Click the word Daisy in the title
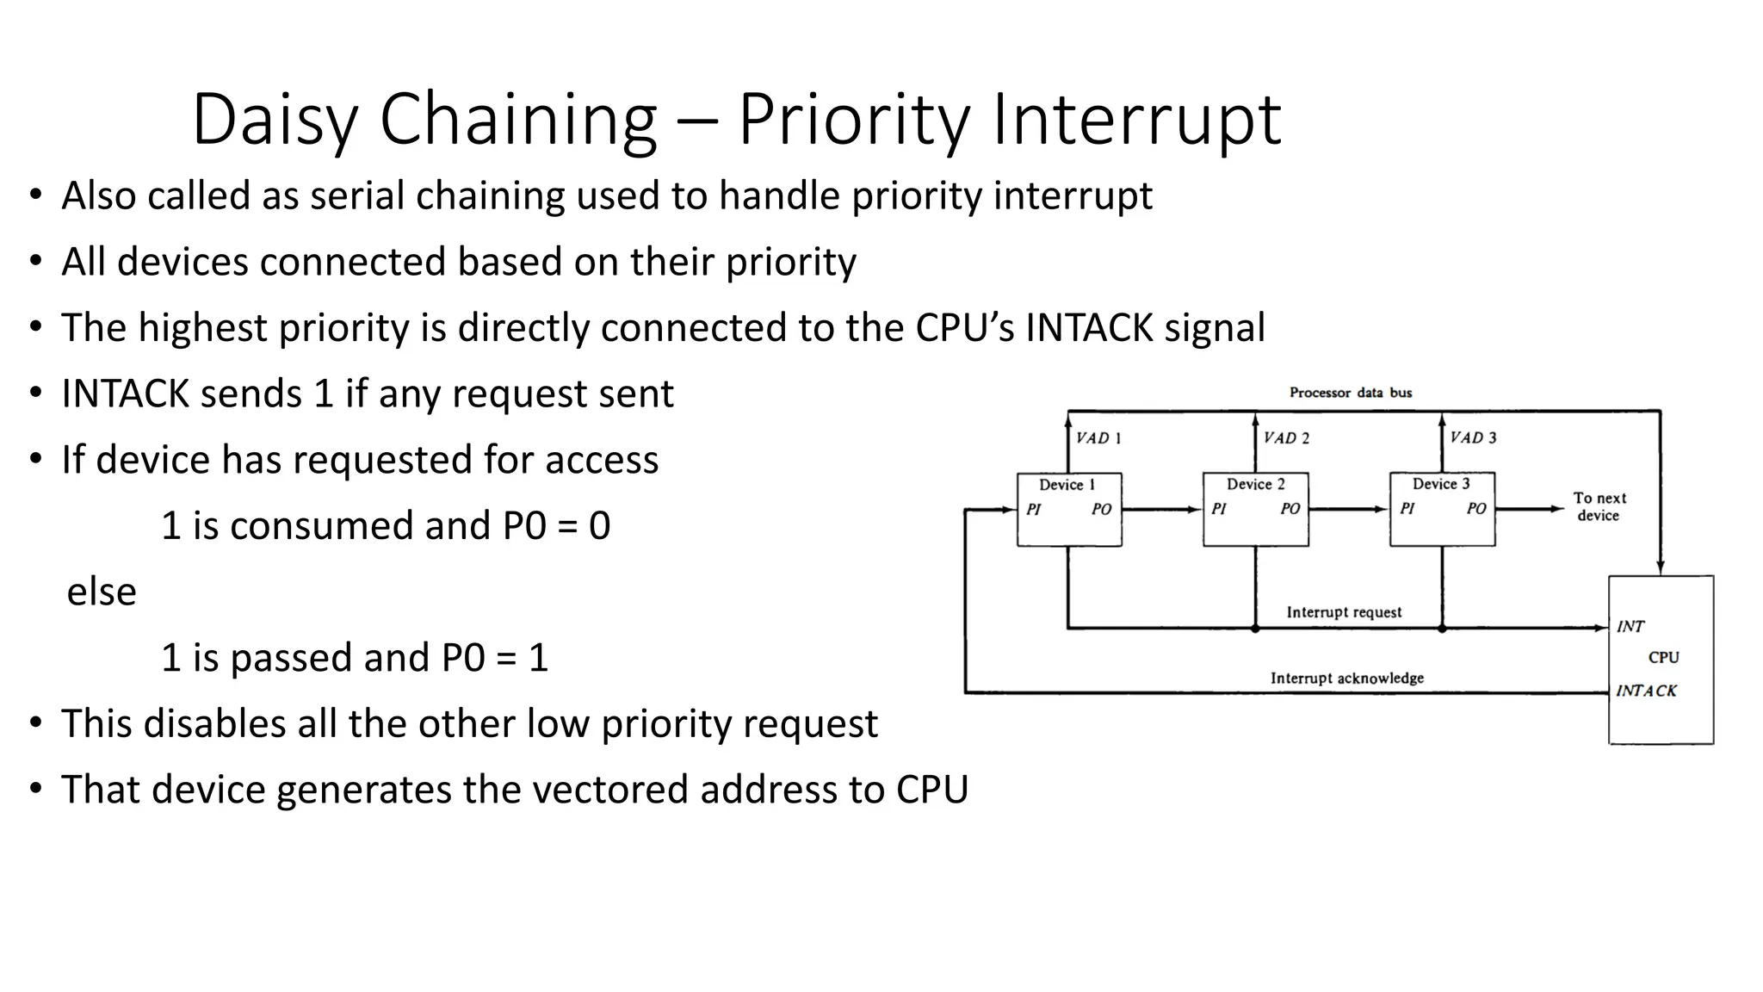click(x=275, y=121)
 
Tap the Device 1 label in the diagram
click(x=1067, y=485)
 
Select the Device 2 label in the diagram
click(x=1255, y=484)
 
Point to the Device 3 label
click(x=1441, y=484)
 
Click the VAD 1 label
click(x=1098, y=438)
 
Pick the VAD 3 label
click(x=1473, y=437)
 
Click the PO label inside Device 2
click(x=1290, y=509)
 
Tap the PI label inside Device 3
click(x=1407, y=509)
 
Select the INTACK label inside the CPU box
click(x=1646, y=691)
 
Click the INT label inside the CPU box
click(x=1630, y=627)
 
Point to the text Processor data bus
click(x=1350, y=393)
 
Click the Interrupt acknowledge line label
click(x=1346, y=679)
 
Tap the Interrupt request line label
click(x=1344, y=612)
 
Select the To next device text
click(x=1599, y=506)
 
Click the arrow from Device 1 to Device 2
click(x=1161, y=510)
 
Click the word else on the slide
click(x=102, y=592)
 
